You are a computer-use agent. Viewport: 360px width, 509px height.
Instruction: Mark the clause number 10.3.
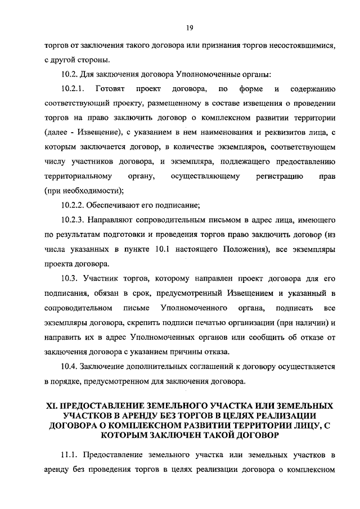69,279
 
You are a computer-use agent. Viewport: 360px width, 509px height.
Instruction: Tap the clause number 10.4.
69,367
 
